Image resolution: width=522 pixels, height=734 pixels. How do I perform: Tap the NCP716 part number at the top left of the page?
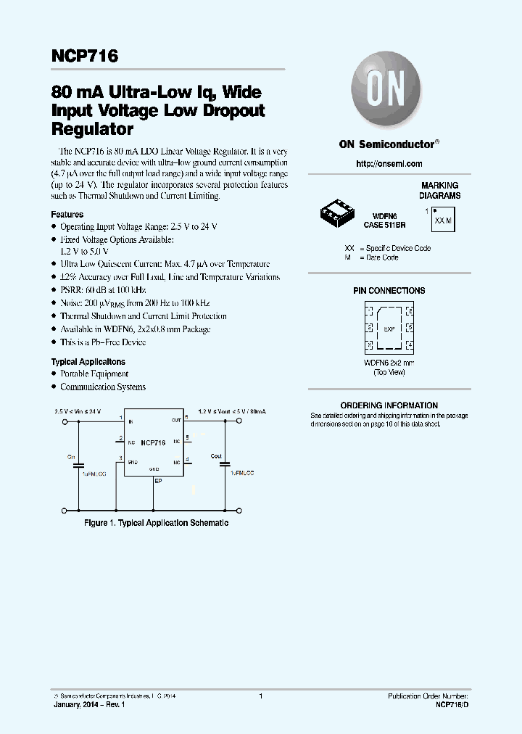click(84, 57)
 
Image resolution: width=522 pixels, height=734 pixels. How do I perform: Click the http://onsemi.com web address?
click(389, 165)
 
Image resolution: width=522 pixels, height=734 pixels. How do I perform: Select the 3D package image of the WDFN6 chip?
click(336, 213)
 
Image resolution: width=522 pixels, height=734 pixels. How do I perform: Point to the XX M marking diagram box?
click(442, 220)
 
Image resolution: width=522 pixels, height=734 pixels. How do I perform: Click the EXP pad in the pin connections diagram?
click(389, 328)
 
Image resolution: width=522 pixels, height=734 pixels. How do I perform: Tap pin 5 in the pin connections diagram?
click(410, 328)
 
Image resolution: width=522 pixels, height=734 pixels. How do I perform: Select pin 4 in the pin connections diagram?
click(410, 345)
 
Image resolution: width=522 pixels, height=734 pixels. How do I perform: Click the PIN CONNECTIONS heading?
click(389, 291)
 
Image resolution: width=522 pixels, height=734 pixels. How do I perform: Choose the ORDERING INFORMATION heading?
click(389, 405)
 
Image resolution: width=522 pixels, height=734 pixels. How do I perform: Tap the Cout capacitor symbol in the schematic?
click(224, 463)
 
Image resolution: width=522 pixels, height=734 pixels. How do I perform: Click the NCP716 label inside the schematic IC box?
click(152, 442)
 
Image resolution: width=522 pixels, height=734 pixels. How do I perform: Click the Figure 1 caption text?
click(157, 523)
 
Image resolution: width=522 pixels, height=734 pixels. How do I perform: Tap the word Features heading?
click(67, 215)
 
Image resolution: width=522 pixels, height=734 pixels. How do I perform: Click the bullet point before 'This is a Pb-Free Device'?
click(54, 342)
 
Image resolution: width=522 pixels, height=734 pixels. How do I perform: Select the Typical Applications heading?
click(88, 362)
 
